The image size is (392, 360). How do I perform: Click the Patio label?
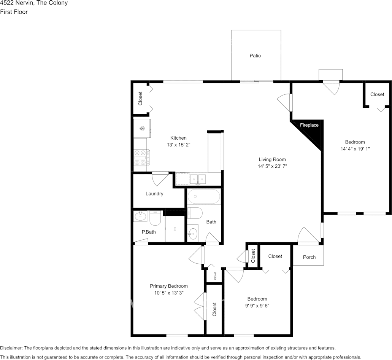coord(255,56)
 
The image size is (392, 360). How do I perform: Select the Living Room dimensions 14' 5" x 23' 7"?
coord(272,166)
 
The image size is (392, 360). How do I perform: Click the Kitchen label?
coord(178,138)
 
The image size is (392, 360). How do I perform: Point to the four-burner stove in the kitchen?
coord(142,158)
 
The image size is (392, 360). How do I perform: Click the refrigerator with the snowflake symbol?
coord(142,128)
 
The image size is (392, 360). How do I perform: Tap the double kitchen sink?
coord(198,179)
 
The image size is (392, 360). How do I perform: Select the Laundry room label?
coord(154,194)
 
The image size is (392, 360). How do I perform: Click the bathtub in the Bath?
coord(204,196)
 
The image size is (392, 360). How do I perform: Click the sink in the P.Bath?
coord(140,216)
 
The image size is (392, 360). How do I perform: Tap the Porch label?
coord(309,257)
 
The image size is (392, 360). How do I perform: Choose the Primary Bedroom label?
coord(169,286)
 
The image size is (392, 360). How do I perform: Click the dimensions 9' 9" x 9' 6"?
coord(257,306)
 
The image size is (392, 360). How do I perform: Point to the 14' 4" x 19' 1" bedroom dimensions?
coord(355,148)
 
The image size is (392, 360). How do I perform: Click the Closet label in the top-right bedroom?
coord(377,94)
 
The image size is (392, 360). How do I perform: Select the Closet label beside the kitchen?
coord(140,99)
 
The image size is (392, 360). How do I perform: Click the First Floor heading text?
coord(14,12)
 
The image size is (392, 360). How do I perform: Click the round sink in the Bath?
coord(192,234)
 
